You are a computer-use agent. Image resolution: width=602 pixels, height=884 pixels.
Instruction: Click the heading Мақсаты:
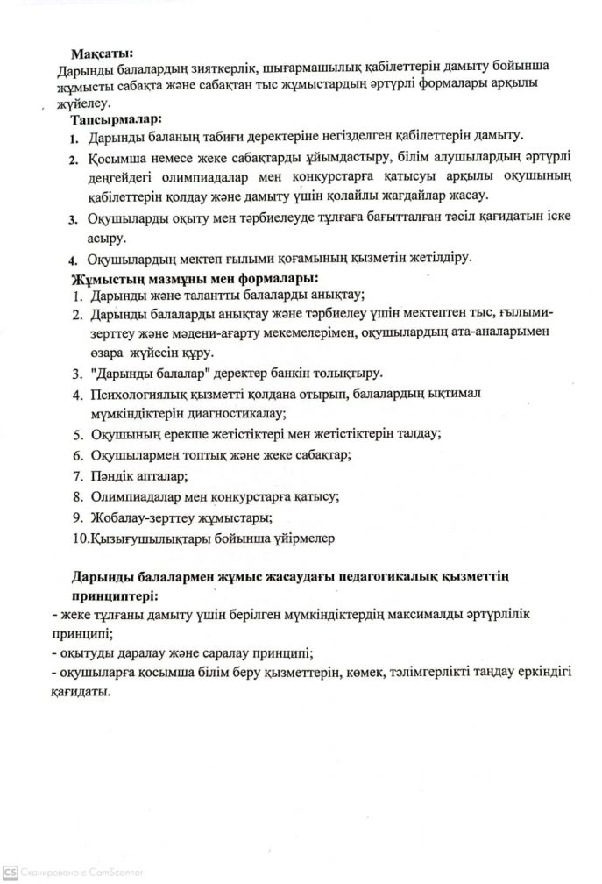tap(102, 53)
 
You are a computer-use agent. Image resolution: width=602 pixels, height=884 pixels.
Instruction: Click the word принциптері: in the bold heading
tap(112, 595)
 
